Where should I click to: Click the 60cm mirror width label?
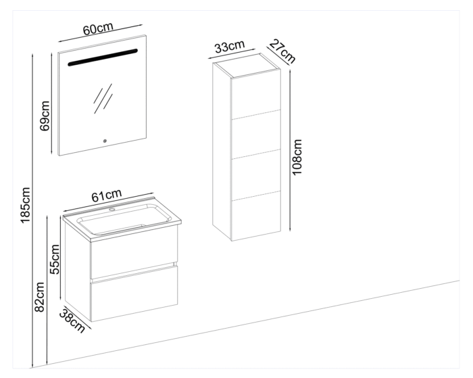[98, 28]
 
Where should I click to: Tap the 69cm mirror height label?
[45, 116]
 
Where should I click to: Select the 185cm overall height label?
[26, 206]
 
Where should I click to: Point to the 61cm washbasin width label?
[107, 195]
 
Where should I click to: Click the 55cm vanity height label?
[55, 260]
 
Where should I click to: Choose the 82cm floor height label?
[39, 297]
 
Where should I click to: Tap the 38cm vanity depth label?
[72, 321]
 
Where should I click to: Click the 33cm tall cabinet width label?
[229, 47]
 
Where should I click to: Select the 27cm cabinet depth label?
[282, 51]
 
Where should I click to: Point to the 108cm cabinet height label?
[297, 157]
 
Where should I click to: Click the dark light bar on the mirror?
[103, 57]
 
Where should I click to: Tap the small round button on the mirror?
[105, 141]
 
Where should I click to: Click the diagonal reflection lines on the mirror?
[103, 99]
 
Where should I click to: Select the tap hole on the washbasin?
[113, 209]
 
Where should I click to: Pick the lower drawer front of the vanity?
[134, 293]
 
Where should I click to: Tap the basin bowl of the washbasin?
[124, 220]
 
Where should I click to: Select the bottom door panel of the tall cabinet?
[256, 216]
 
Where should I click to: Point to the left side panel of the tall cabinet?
[222, 151]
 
